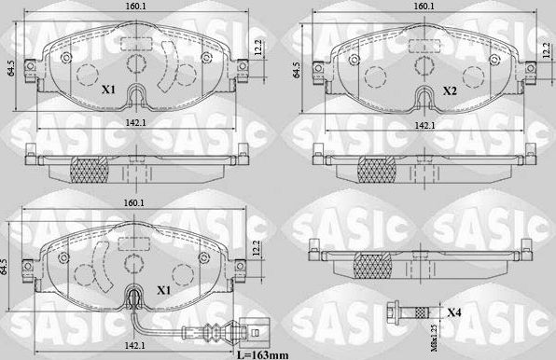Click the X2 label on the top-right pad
coord(449,90)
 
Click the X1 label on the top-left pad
coord(107,90)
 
